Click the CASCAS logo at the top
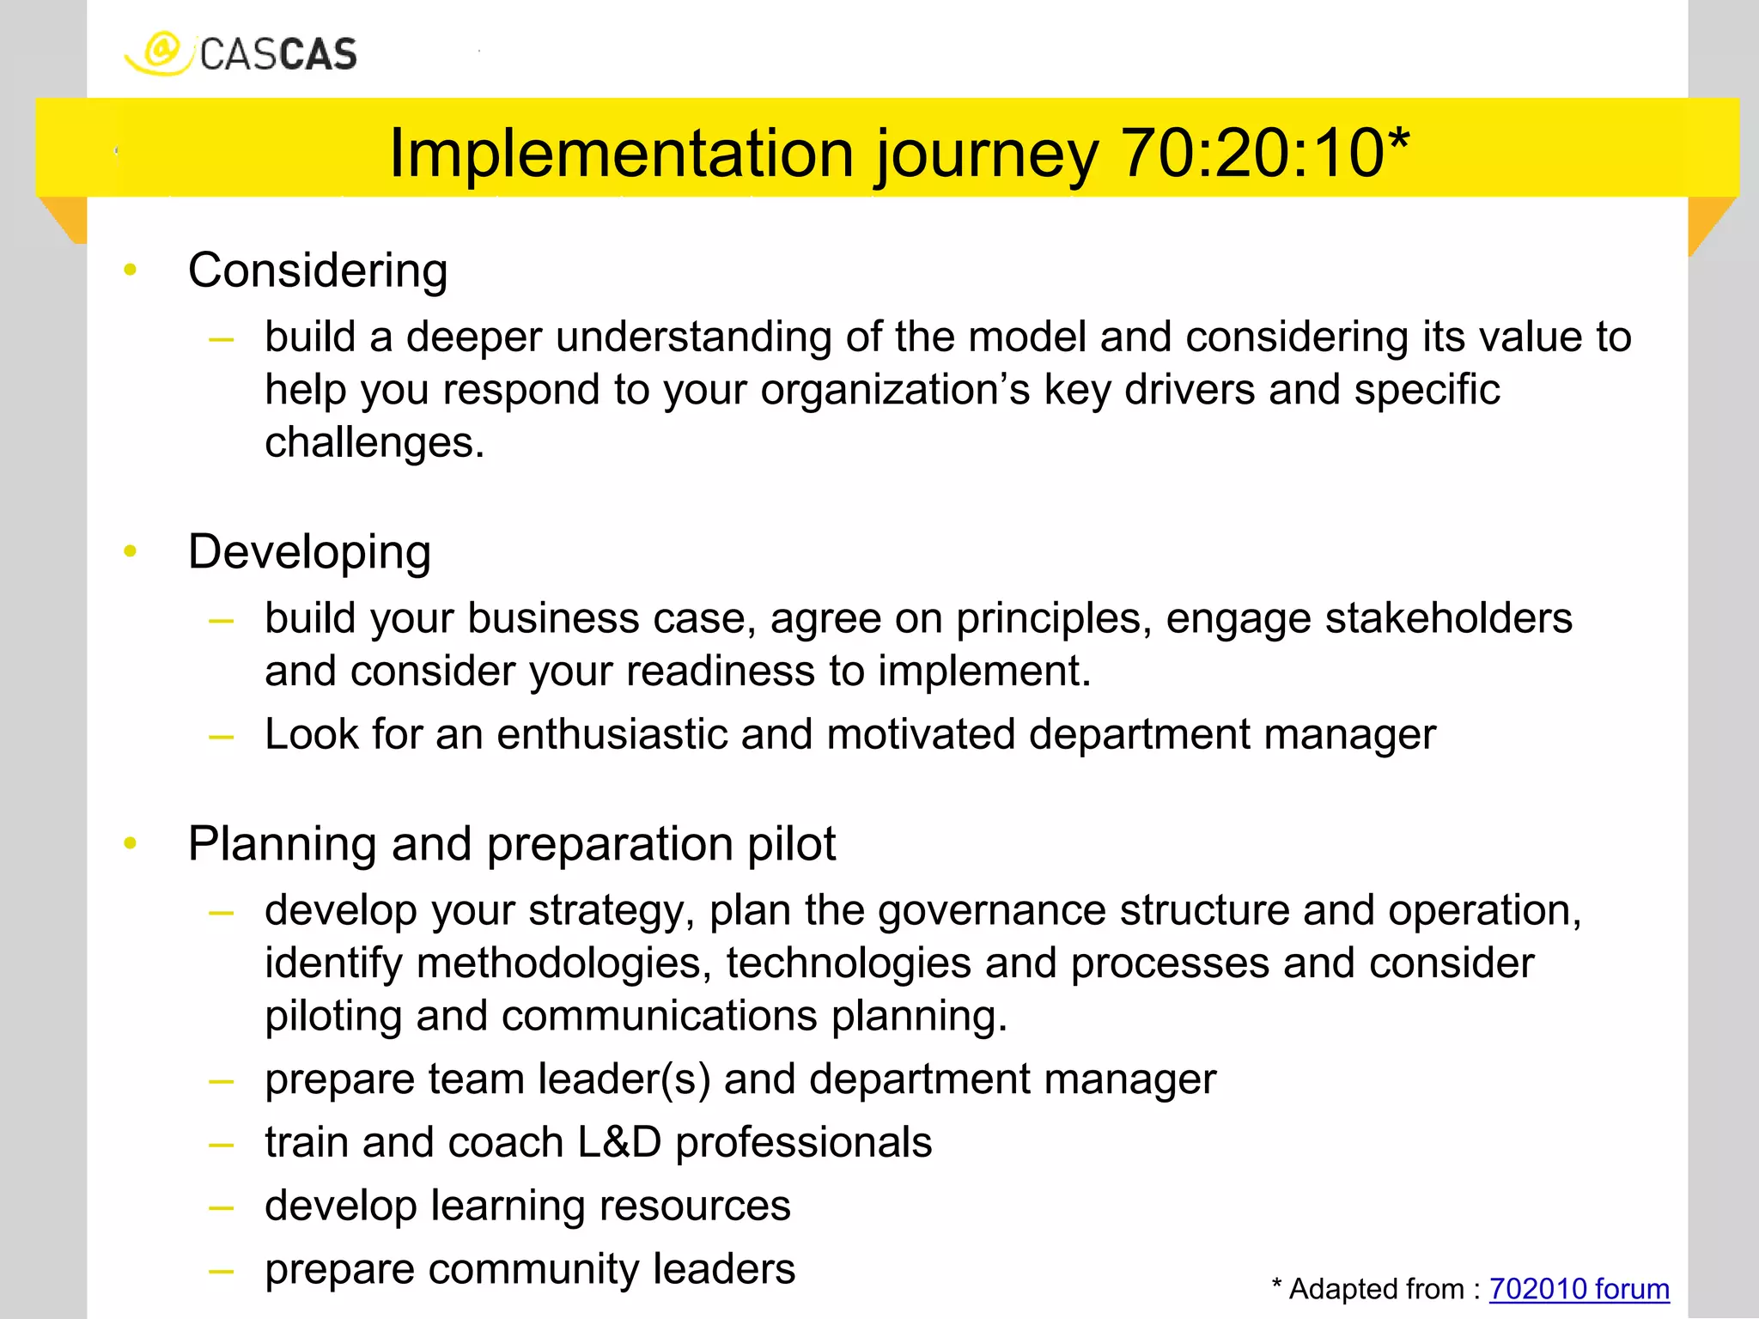click(241, 53)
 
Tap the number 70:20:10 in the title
click(1253, 154)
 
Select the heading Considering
click(318, 270)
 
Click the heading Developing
click(309, 552)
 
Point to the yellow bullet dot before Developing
click(131, 551)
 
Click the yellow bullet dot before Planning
click(131, 843)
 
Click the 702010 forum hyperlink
click(1579, 1289)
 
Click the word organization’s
click(895, 391)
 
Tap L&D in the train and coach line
click(619, 1143)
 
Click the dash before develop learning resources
click(222, 1207)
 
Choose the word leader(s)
click(624, 1079)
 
